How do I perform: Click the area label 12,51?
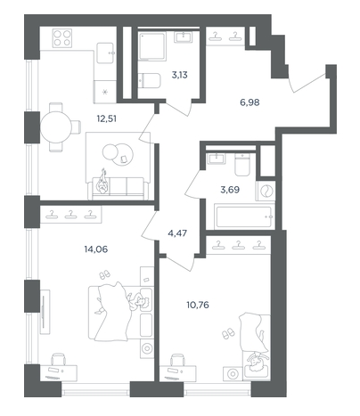(107, 118)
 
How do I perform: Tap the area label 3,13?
(180, 75)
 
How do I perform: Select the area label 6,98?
(250, 102)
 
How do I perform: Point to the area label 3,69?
(230, 190)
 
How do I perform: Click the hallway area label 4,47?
(177, 233)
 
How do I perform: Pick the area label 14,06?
(96, 249)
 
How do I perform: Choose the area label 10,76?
(198, 305)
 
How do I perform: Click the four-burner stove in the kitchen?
(62, 38)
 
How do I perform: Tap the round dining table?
(56, 127)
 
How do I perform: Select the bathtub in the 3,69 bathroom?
(245, 216)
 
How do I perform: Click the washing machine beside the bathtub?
(266, 191)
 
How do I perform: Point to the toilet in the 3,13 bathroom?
(150, 80)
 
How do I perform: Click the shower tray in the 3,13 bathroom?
(152, 47)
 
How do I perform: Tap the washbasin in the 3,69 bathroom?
(217, 159)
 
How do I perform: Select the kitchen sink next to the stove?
(105, 53)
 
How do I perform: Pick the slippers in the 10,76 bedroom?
(228, 333)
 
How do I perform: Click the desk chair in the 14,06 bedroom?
(59, 359)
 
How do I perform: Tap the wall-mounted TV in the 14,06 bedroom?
(44, 312)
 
